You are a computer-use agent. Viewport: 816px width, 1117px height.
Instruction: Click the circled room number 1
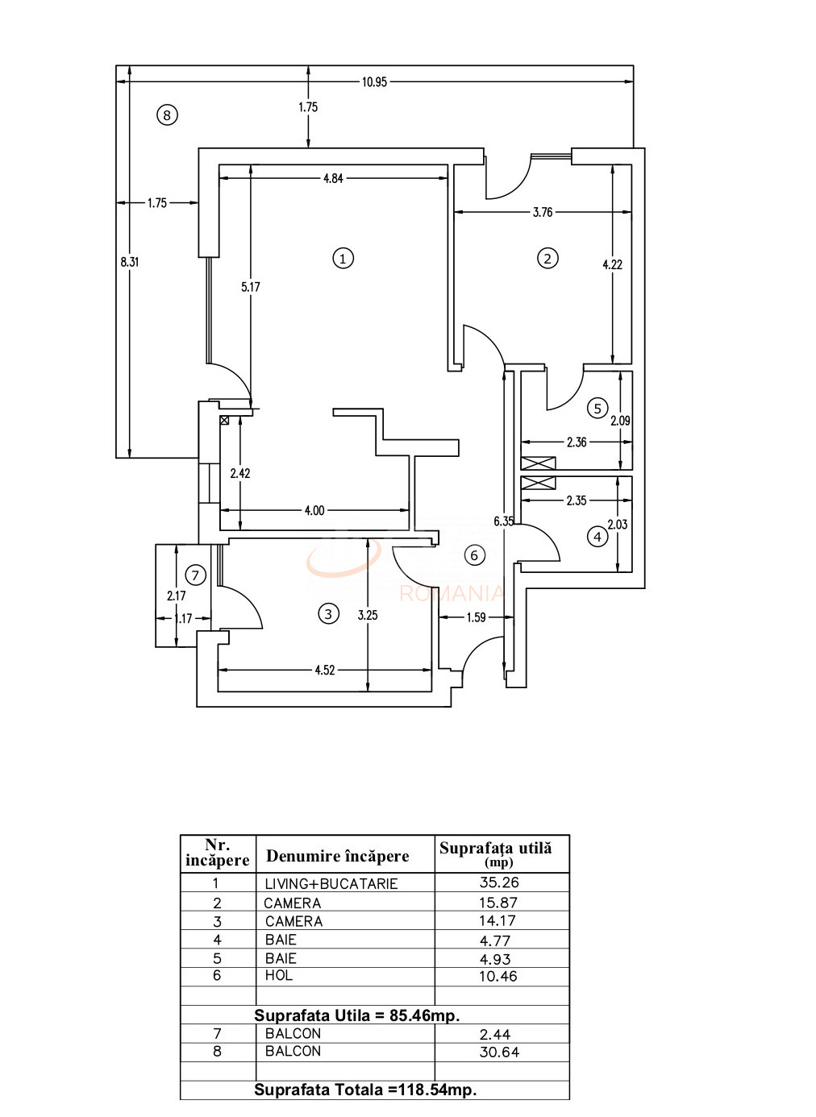[343, 259]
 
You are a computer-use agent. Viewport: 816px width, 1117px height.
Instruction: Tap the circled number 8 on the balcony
[166, 115]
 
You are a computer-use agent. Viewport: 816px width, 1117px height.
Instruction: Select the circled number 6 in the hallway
[474, 554]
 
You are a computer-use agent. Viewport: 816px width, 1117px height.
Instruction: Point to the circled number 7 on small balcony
[195, 575]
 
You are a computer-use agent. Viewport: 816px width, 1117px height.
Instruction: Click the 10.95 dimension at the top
[375, 81]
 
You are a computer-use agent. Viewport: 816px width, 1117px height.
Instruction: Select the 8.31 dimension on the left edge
[129, 261]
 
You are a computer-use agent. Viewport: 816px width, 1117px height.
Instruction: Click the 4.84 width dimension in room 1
[333, 178]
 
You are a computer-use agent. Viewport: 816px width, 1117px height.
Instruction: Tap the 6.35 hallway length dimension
[503, 521]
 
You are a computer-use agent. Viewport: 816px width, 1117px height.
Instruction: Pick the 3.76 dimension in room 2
[543, 213]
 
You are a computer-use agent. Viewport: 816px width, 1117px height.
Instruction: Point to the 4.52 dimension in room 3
[324, 670]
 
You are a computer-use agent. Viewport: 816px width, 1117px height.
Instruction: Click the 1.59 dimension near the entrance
[476, 618]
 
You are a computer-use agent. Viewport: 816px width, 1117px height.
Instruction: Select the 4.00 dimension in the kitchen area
[314, 510]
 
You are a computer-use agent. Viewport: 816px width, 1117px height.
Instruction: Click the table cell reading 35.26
[498, 882]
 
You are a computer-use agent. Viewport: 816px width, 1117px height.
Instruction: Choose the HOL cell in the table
[279, 976]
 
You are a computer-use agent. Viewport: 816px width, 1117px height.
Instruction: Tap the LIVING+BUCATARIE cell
[331, 883]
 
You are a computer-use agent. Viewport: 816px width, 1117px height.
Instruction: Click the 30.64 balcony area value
[499, 1052]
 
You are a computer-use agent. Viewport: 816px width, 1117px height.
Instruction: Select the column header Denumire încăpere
[338, 856]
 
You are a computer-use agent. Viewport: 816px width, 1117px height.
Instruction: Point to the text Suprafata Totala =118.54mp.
[365, 1090]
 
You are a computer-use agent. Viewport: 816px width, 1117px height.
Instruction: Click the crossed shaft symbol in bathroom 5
[538, 463]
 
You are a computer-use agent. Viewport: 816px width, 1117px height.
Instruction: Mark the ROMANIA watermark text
[452, 595]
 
